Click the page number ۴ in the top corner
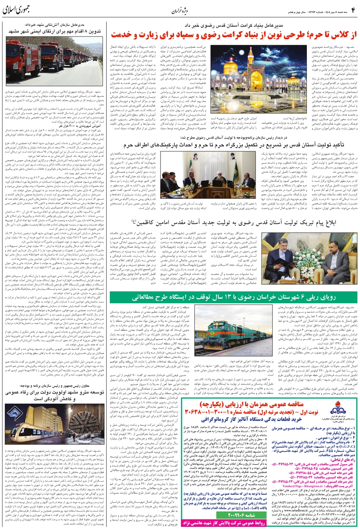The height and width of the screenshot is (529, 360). point(353,9)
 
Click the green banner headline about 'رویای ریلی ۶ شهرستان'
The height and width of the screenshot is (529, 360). point(234,297)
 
